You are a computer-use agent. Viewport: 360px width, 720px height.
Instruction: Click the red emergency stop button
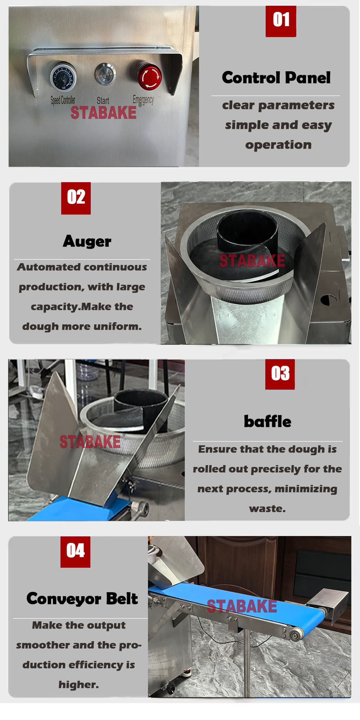pyautogui.click(x=149, y=76)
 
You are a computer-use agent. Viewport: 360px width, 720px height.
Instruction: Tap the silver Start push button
pyautogui.click(x=105, y=74)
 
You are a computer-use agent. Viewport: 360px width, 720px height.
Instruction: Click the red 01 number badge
pyautogui.click(x=281, y=21)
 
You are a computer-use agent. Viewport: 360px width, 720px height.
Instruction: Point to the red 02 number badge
pyautogui.click(x=76, y=198)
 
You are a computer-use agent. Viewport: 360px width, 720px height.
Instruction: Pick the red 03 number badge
pyautogui.click(x=280, y=374)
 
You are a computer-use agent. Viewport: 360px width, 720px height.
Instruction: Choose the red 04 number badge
pyautogui.click(x=75, y=552)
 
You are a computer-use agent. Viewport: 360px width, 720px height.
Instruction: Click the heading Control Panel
pyautogui.click(x=276, y=77)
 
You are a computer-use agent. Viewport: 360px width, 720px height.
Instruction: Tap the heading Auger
pyautogui.click(x=87, y=242)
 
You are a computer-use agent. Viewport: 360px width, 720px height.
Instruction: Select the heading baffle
pyautogui.click(x=267, y=421)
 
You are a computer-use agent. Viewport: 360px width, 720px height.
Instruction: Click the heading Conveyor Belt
pyautogui.click(x=82, y=599)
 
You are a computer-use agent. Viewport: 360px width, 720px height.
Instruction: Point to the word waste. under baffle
pyautogui.click(x=267, y=509)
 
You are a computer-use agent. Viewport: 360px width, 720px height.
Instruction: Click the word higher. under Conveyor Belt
pyautogui.click(x=78, y=684)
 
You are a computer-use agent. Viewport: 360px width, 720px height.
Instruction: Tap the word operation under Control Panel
pyautogui.click(x=278, y=145)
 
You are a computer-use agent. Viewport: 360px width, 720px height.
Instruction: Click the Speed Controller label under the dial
pyautogui.click(x=63, y=100)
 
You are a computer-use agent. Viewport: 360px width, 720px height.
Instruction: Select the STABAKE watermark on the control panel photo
pyautogui.click(x=104, y=113)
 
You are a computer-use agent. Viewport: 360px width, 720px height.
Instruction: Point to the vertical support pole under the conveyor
pyautogui.click(x=247, y=662)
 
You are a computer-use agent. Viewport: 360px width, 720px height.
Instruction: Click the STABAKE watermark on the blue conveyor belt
pyautogui.click(x=242, y=606)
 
